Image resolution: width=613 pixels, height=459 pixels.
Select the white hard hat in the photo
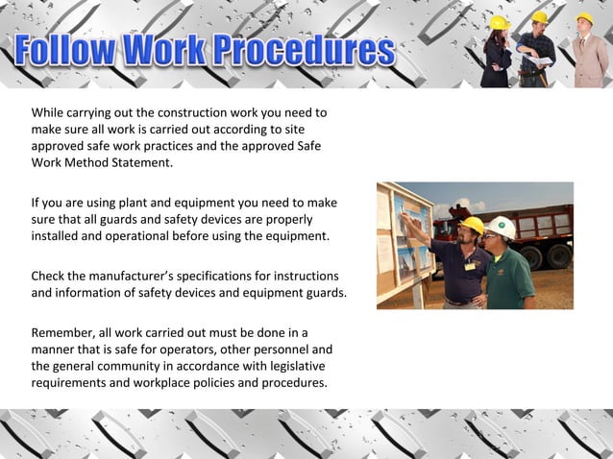pyautogui.click(x=502, y=228)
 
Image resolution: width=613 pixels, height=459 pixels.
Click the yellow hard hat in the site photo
pyautogui.click(x=471, y=225)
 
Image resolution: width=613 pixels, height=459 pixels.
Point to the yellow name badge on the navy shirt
pyautogui.click(x=469, y=265)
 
